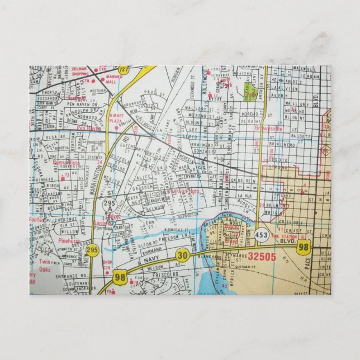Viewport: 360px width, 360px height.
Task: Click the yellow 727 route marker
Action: pos(124,69)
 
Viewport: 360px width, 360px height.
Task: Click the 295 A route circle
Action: pos(109,206)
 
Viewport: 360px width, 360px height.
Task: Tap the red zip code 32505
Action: pos(262,257)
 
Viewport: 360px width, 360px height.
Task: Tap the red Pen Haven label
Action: pos(89,128)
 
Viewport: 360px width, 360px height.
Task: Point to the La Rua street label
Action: pos(246,196)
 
